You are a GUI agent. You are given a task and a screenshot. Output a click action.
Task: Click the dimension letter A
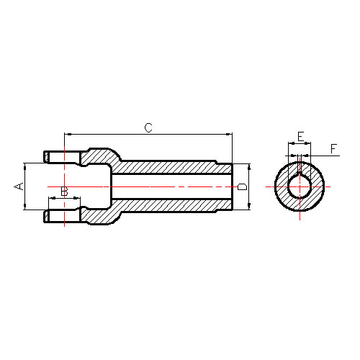pyautogui.click(x=19, y=186)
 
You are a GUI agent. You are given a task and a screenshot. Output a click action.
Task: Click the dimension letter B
pyautogui.click(x=64, y=192)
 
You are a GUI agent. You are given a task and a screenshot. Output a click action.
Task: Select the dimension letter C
pyautogui.click(x=148, y=127)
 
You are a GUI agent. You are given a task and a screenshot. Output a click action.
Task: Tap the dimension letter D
pyautogui.click(x=243, y=186)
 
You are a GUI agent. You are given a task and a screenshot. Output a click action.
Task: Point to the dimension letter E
pyautogui.click(x=301, y=137)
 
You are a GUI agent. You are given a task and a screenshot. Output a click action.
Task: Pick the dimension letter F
pyautogui.click(x=334, y=149)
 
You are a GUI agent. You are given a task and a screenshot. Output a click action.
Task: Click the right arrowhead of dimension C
pyautogui.click(x=229, y=135)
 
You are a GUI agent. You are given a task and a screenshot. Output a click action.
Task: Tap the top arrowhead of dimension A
pyautogui.click(x=24, y=166)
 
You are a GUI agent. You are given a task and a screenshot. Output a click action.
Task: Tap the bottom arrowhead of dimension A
pyautogui.click(x=24, y=206)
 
